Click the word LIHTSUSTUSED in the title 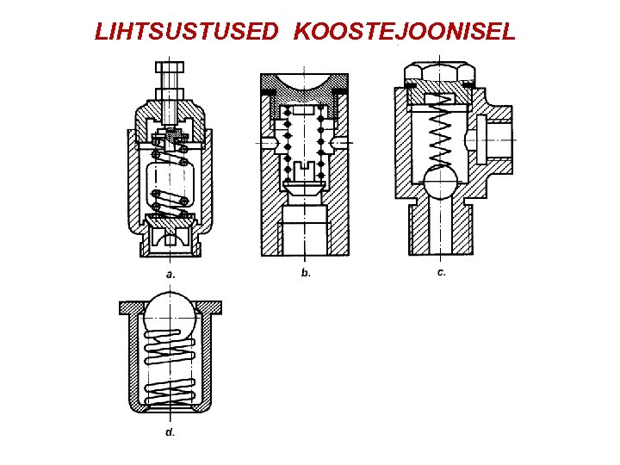coord(187,33)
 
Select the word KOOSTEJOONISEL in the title coord(405,33)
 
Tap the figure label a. coord(170,274)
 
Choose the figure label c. coord(441,272)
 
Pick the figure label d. coord(170,431)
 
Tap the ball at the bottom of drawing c coord(441,183)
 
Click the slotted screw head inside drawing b coord(305,177)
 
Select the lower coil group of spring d coord(170,388)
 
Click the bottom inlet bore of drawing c coord(441,228)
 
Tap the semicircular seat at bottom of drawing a coord(170,232)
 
